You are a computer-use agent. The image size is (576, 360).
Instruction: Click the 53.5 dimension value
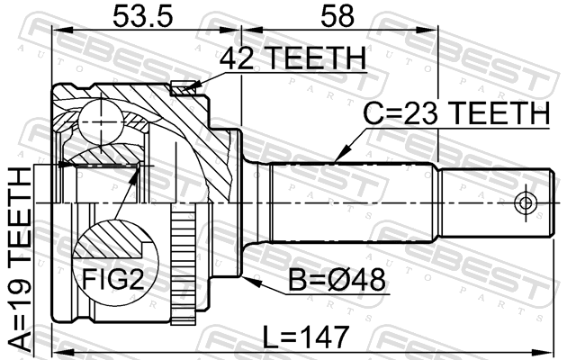[x=142, y=16]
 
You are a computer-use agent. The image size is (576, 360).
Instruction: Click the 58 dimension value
[x=337, y=16]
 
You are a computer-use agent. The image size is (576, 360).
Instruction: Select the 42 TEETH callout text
[x=292, y=58]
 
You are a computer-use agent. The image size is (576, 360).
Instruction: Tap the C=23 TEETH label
[x=456, y=113]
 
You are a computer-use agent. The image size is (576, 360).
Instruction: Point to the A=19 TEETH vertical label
[x=21, y=258]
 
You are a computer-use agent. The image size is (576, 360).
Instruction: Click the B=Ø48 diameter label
[x=337, y=280]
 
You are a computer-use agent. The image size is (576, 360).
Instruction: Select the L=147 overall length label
[x=306, y=337]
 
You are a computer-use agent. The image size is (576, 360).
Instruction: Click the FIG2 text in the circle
[x=112, y=279]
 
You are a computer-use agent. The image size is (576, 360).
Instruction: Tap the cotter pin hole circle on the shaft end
[x=526, y=202]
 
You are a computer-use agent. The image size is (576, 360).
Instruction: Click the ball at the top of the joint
[x=100, y=122]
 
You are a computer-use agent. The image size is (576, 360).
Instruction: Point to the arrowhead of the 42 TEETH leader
[x=193, y=87]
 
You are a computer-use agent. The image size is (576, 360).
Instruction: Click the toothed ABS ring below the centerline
[x=184, y=264]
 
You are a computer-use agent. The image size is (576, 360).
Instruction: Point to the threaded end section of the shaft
[x=497, y=202]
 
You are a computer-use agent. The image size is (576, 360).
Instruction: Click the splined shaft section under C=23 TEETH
[x=354, y=202]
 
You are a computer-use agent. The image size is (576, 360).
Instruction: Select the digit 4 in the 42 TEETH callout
[x=228, y=58]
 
